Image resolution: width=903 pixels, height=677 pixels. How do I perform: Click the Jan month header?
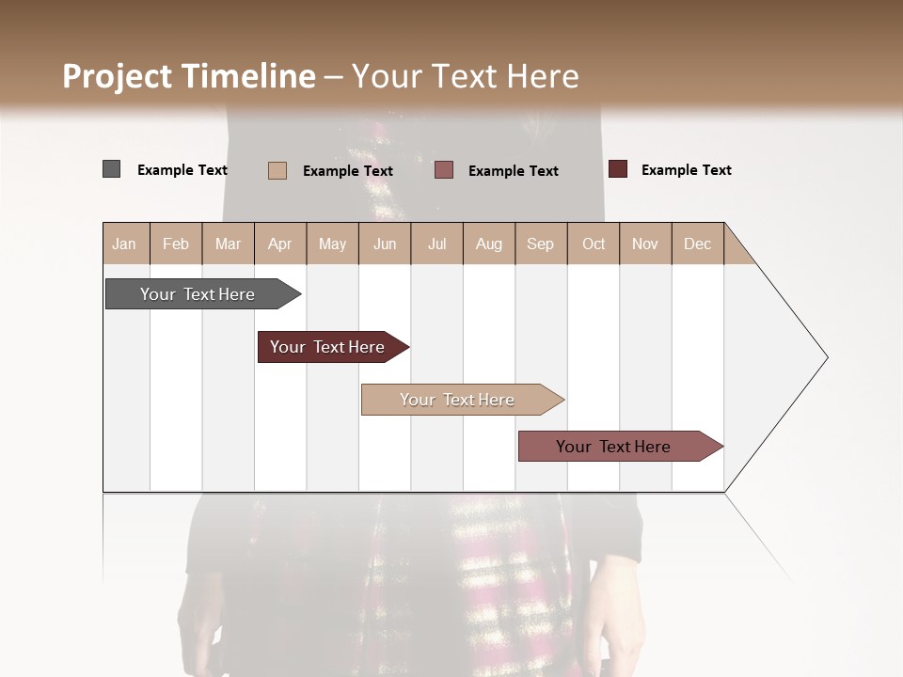coord(125,244)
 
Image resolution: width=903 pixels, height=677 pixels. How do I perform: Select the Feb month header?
coord(176,244)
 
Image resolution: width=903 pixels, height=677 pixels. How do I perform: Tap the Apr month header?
coord(280,244)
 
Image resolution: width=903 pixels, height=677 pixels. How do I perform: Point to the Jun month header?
coord(385,244)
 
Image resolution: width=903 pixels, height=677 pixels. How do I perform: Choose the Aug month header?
coord(489,244)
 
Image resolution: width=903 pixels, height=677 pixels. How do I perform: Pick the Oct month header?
coord(594,244)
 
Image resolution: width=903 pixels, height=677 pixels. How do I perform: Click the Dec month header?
coord(698,244)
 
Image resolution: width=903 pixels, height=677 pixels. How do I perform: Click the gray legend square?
coord(111,169)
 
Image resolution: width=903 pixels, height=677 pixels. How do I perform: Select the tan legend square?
coord(277,170)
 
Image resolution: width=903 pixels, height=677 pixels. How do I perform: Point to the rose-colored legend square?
coord(444,170)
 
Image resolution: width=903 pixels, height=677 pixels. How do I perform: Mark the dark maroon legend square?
coord(617,169)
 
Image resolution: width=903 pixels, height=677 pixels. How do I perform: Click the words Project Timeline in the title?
coord(189,76)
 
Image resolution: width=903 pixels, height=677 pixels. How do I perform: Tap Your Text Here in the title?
coord(466,76)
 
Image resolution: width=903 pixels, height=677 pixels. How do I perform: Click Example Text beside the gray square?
coord(182,170)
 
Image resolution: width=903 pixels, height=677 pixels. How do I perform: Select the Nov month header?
coord(645,244)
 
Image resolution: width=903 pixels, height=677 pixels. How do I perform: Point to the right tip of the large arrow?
coord(826,357)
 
